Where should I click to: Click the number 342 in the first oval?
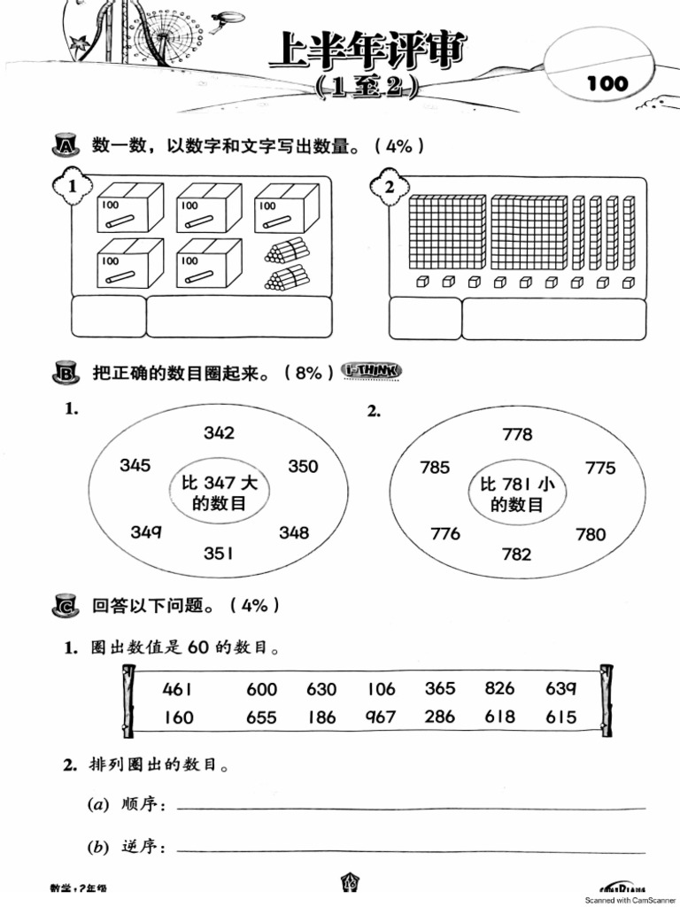point(219,432)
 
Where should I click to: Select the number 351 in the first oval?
point(219,554)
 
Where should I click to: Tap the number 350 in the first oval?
point(303,466)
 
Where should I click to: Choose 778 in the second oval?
point(517,434)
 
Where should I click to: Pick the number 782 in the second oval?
point(516,554)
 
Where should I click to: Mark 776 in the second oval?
point(445,533)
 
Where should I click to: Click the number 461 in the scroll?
point(178,689)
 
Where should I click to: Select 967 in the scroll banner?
point(380,717)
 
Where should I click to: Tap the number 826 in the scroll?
point(499,688)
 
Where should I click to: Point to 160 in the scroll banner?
point(178,717)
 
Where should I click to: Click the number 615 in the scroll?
point(560,717)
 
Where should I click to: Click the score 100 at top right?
point(607,84)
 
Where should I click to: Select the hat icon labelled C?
point(66,607)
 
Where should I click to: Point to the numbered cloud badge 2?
point(389,188)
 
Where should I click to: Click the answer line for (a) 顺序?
point(411,807)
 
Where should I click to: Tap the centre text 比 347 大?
point(220,483)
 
